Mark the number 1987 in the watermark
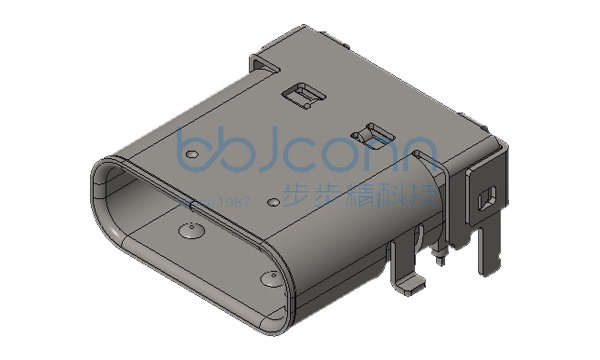click(x=233, y=202)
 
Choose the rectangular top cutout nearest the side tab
click(x=374, y=131)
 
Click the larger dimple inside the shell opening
click(x=187, y=236)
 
